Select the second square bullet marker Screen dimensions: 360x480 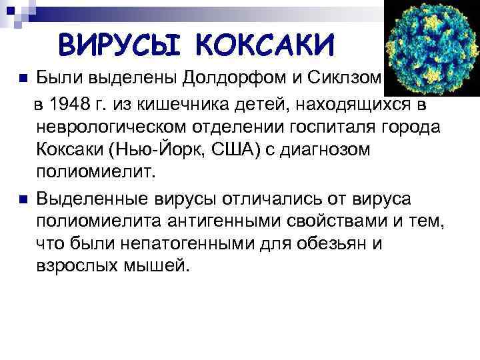point(23,199)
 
